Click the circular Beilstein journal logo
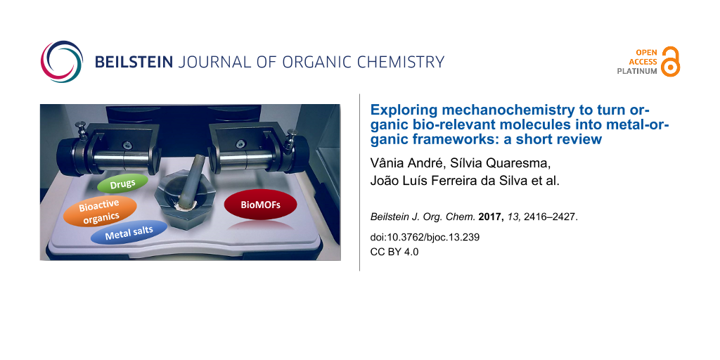pos(62,62)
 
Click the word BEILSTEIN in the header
pos(134,62)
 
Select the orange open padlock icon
pos(671,61)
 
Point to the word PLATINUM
pos(636,71)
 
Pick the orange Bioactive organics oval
pos(100,212)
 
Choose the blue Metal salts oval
pos(129,233)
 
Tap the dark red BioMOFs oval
pos(260,206)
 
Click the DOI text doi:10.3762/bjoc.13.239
pos(425,238)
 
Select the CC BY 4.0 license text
pos(394,252)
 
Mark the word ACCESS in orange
pos(643,62)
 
